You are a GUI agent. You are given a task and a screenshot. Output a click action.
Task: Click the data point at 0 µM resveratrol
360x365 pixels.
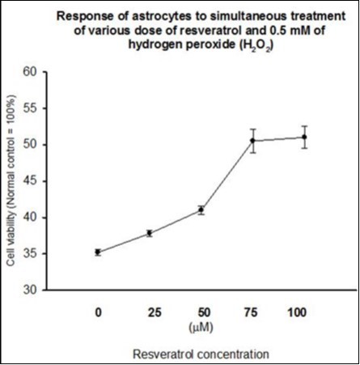(x=98, y=252)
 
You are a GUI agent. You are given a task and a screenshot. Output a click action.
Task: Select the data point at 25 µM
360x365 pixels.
(x=150, y=233)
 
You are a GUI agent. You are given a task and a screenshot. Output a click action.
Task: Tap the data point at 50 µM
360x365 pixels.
(x=201, y=210)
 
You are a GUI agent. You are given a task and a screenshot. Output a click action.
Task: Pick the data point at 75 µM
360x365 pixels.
(x=252, y=141)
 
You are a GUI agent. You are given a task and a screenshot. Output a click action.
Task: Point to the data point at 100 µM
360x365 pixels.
(x=304, y=137)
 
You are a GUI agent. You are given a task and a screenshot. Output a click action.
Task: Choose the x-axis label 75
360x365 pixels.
(x=252, y=311)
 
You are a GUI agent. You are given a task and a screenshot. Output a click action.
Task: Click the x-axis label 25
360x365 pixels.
(x=150, y=311)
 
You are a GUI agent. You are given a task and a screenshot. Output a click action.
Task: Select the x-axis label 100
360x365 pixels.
(x=304, y=311)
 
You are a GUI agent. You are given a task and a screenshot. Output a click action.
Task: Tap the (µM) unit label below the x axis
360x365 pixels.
(x=201, y=325)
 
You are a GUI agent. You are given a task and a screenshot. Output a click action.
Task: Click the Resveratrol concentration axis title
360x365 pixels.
(x=201, y=353)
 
